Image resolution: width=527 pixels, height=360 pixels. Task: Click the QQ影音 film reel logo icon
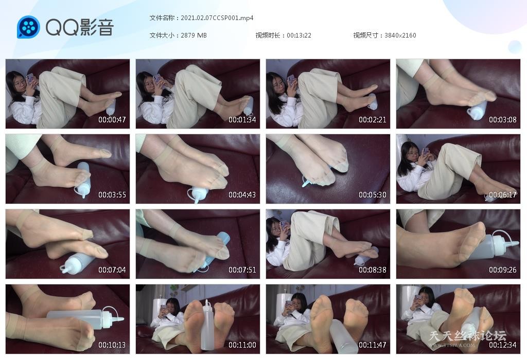pos(28,27)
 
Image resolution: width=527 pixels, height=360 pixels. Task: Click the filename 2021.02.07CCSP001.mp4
pos(217,18)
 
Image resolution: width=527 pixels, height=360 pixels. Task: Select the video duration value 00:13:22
pos(299,35)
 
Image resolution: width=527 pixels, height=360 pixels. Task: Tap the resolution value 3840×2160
pos(400,35)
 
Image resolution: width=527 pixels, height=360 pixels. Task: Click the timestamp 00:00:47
pos(112,119)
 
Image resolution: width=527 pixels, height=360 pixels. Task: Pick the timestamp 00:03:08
pos(502,119)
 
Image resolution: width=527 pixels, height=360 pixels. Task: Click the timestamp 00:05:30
pos(373,195)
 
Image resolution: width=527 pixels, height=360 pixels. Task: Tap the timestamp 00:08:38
pos(373,270)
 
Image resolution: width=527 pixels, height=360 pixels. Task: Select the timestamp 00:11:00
pos(242,345)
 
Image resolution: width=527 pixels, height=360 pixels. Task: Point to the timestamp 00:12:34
pos(502,345)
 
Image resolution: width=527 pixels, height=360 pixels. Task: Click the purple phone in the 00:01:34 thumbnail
pos(156,80)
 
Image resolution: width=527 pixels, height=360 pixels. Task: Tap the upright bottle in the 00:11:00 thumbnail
pos(207,325)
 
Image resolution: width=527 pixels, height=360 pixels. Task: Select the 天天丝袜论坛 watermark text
pos(467,335)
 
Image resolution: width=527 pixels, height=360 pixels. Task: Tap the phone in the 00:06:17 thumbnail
pos(426,151)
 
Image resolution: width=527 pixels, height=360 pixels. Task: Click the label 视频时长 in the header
pos(268,35)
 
